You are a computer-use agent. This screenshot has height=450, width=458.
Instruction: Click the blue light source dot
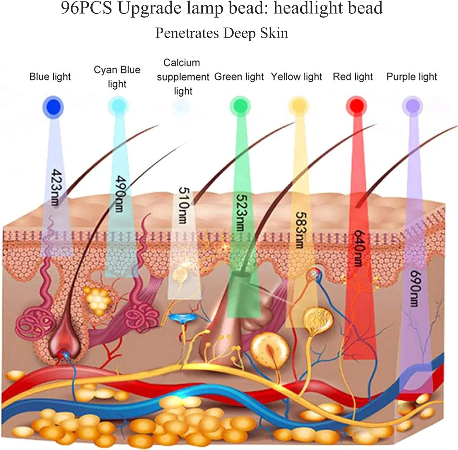point(53,107)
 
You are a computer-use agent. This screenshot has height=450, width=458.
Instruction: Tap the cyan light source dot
point(118,106)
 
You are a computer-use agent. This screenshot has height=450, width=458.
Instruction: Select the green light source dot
point(240,106)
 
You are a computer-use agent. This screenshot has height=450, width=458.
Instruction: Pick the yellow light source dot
point(298,106)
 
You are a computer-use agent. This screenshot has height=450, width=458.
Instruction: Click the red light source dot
point(356,106)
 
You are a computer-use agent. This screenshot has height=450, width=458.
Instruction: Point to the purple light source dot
point(412,106)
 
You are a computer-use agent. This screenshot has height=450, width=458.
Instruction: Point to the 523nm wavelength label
point(241,212)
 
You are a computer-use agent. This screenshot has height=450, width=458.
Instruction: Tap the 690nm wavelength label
point(415,288)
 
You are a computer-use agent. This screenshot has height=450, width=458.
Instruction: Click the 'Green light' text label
point(239,77)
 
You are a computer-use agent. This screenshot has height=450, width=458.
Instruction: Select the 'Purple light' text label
point(412,77)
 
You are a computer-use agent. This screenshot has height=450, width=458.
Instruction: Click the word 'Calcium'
point(182,63)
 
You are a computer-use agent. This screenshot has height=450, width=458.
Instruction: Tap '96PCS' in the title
point(86,8)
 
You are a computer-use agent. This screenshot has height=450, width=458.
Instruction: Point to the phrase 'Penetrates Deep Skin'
point(222,33)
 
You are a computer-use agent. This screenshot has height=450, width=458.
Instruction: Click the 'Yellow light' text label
point(296,77)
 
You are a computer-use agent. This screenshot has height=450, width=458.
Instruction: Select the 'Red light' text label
point(353,77)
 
